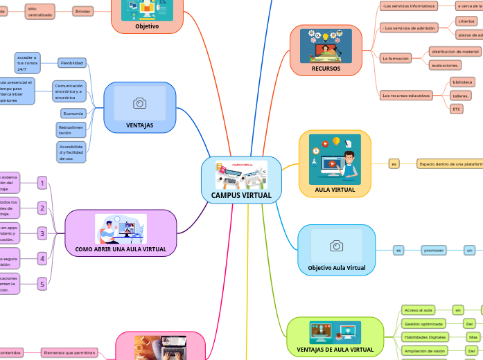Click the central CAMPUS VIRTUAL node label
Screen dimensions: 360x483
(x=241, y=195)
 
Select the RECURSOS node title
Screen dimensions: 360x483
(x=326, y=69)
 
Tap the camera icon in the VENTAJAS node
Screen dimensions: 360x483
(x=139, y=104)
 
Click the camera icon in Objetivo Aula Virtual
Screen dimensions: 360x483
(x=336, y=246)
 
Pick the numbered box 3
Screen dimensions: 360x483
(x=42, y=233)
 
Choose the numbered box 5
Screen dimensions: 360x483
(x=42, y=283)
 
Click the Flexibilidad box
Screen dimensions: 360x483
(x=71, y=63)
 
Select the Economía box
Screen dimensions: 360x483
(x=73, y=113)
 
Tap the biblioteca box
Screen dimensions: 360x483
(x=462, y=81)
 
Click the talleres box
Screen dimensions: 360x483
(x=461, y=95)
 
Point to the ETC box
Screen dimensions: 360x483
(x=456, y=109)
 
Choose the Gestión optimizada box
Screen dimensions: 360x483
(x=423, y=323)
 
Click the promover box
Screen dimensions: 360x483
(x=433, y=249)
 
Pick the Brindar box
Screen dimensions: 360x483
(x=83, y=12)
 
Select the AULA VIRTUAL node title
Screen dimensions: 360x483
(x=335, y=189)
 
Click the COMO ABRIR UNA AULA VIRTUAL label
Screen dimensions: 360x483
(x=121, y=249)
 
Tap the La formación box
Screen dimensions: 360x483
(x=396, y=59)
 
